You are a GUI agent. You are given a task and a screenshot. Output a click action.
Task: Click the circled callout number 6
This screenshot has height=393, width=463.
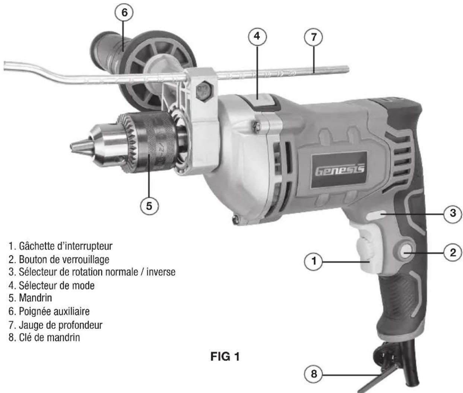pos(124,12)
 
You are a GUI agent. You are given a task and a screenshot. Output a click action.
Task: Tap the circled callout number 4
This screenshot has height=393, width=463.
pos(257,36)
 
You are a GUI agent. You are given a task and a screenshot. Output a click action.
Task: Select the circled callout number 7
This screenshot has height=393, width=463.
pos(314,37)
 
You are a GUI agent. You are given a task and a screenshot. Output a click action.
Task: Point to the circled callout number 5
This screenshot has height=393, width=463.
pos(149,206)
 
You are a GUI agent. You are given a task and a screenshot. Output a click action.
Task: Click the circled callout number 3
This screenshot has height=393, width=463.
pos(453,213)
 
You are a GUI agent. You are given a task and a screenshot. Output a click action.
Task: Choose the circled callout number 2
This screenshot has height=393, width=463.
pos(453,253)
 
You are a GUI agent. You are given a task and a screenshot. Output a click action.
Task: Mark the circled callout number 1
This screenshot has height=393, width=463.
pos(314,261)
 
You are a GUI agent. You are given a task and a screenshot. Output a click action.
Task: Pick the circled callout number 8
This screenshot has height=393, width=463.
pos(314,374)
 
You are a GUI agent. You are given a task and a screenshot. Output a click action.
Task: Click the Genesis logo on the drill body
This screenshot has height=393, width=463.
pos(340,171)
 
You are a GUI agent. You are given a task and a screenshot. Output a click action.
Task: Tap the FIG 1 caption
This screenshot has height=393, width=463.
pos(225,356)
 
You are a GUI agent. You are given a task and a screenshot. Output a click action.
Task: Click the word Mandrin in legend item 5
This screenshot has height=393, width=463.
pos(35,298)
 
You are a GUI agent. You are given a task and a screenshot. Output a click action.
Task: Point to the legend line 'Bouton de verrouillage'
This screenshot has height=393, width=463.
pos(59,260)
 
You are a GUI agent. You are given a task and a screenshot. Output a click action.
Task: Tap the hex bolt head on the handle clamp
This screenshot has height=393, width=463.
pos(204,91)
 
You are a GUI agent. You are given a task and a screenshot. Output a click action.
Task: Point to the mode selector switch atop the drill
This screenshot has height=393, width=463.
pos(261,101)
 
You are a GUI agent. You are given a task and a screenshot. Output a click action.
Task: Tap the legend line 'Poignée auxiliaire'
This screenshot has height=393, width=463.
pos(49,311)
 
